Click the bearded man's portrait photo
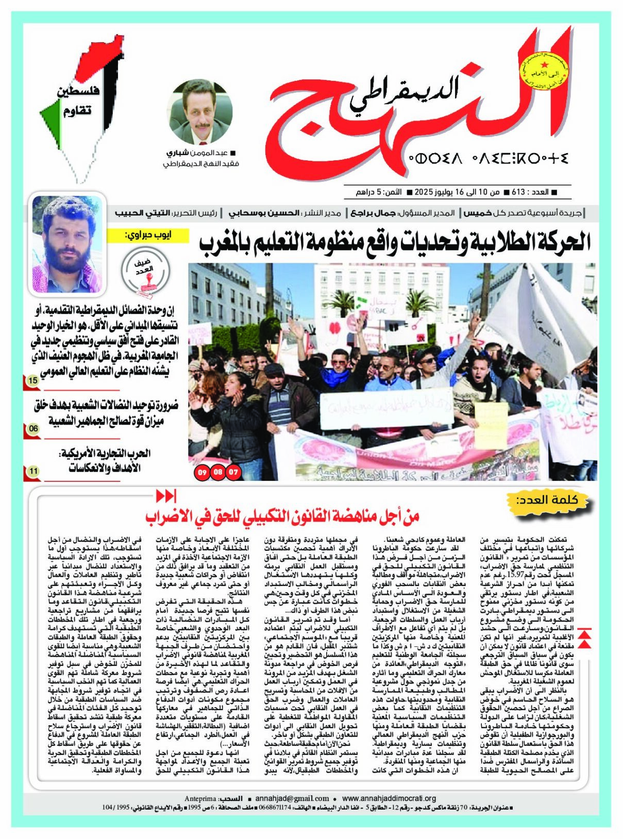(68, 242)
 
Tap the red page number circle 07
(233, 472)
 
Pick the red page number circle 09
(202, 472)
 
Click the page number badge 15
(33, 381)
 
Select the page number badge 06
(33, 428)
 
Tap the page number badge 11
(33, 471)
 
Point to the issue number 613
(517, 192)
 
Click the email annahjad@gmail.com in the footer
(292, 798)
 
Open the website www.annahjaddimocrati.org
(389, 798)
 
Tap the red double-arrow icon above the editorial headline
(166, 496)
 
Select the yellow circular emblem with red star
(544, 73)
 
